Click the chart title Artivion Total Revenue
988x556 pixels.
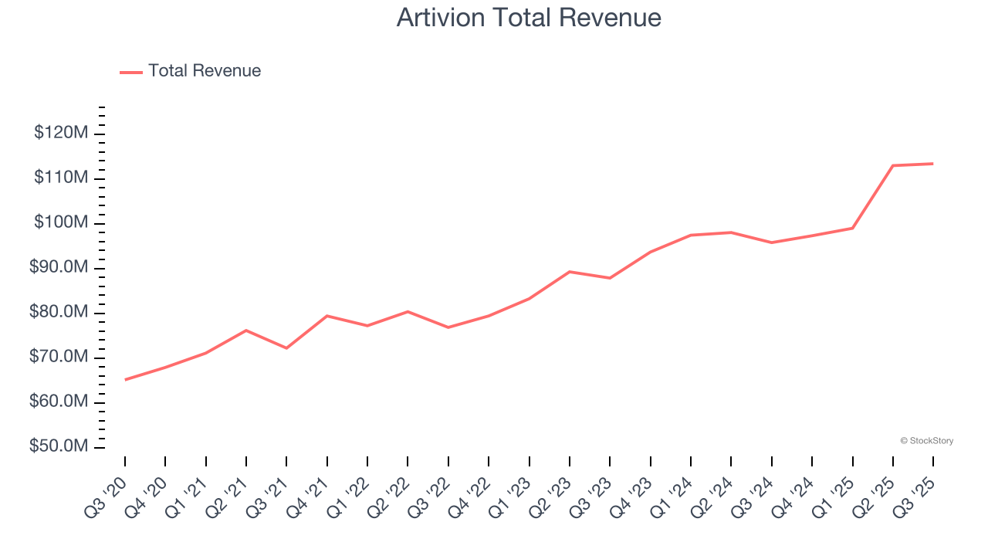[529, 18]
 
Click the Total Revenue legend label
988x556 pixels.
[205, 71]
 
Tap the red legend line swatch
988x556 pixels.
[131, 72]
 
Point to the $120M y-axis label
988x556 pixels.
[61, 134]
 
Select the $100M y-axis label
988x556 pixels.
[61, 223]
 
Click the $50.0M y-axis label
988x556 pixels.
[59, 447]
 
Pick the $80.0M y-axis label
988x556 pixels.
[59, 313]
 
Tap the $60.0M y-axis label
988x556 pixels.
[59, 402]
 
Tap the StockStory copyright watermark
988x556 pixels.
[926, 441]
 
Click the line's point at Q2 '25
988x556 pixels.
[893, 165]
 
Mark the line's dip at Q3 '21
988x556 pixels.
[286, 348]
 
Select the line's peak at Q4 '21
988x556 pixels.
[327, 316]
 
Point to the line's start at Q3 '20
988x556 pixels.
[125, 380]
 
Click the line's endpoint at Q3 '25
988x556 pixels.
[933, 164]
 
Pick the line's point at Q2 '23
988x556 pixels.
[570, 272]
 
